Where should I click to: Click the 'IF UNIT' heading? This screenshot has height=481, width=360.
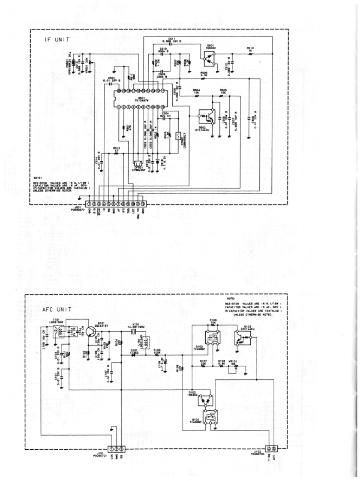tap(57, 40)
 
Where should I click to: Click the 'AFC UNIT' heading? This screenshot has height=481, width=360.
tap(57, 309)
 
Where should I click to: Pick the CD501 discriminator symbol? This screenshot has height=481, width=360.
tap(176, 136)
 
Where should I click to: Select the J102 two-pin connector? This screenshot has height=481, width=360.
tap(271, 448)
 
